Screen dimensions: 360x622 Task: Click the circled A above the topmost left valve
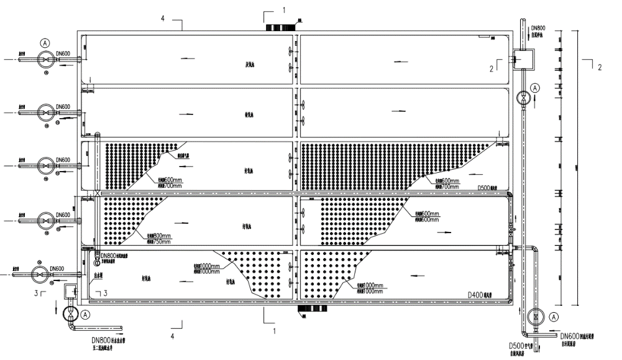tap(45, 43)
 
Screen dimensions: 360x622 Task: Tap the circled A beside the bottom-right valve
tap(552, 317)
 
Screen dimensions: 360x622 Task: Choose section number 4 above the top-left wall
tap(163, 19)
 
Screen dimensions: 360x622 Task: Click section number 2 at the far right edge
tap(599, 67)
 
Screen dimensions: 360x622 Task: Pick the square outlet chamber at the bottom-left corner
tap(69, 291)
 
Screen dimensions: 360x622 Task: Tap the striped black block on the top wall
tap(281, 27)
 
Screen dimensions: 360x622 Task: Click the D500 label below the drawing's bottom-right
tap(518, 346)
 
